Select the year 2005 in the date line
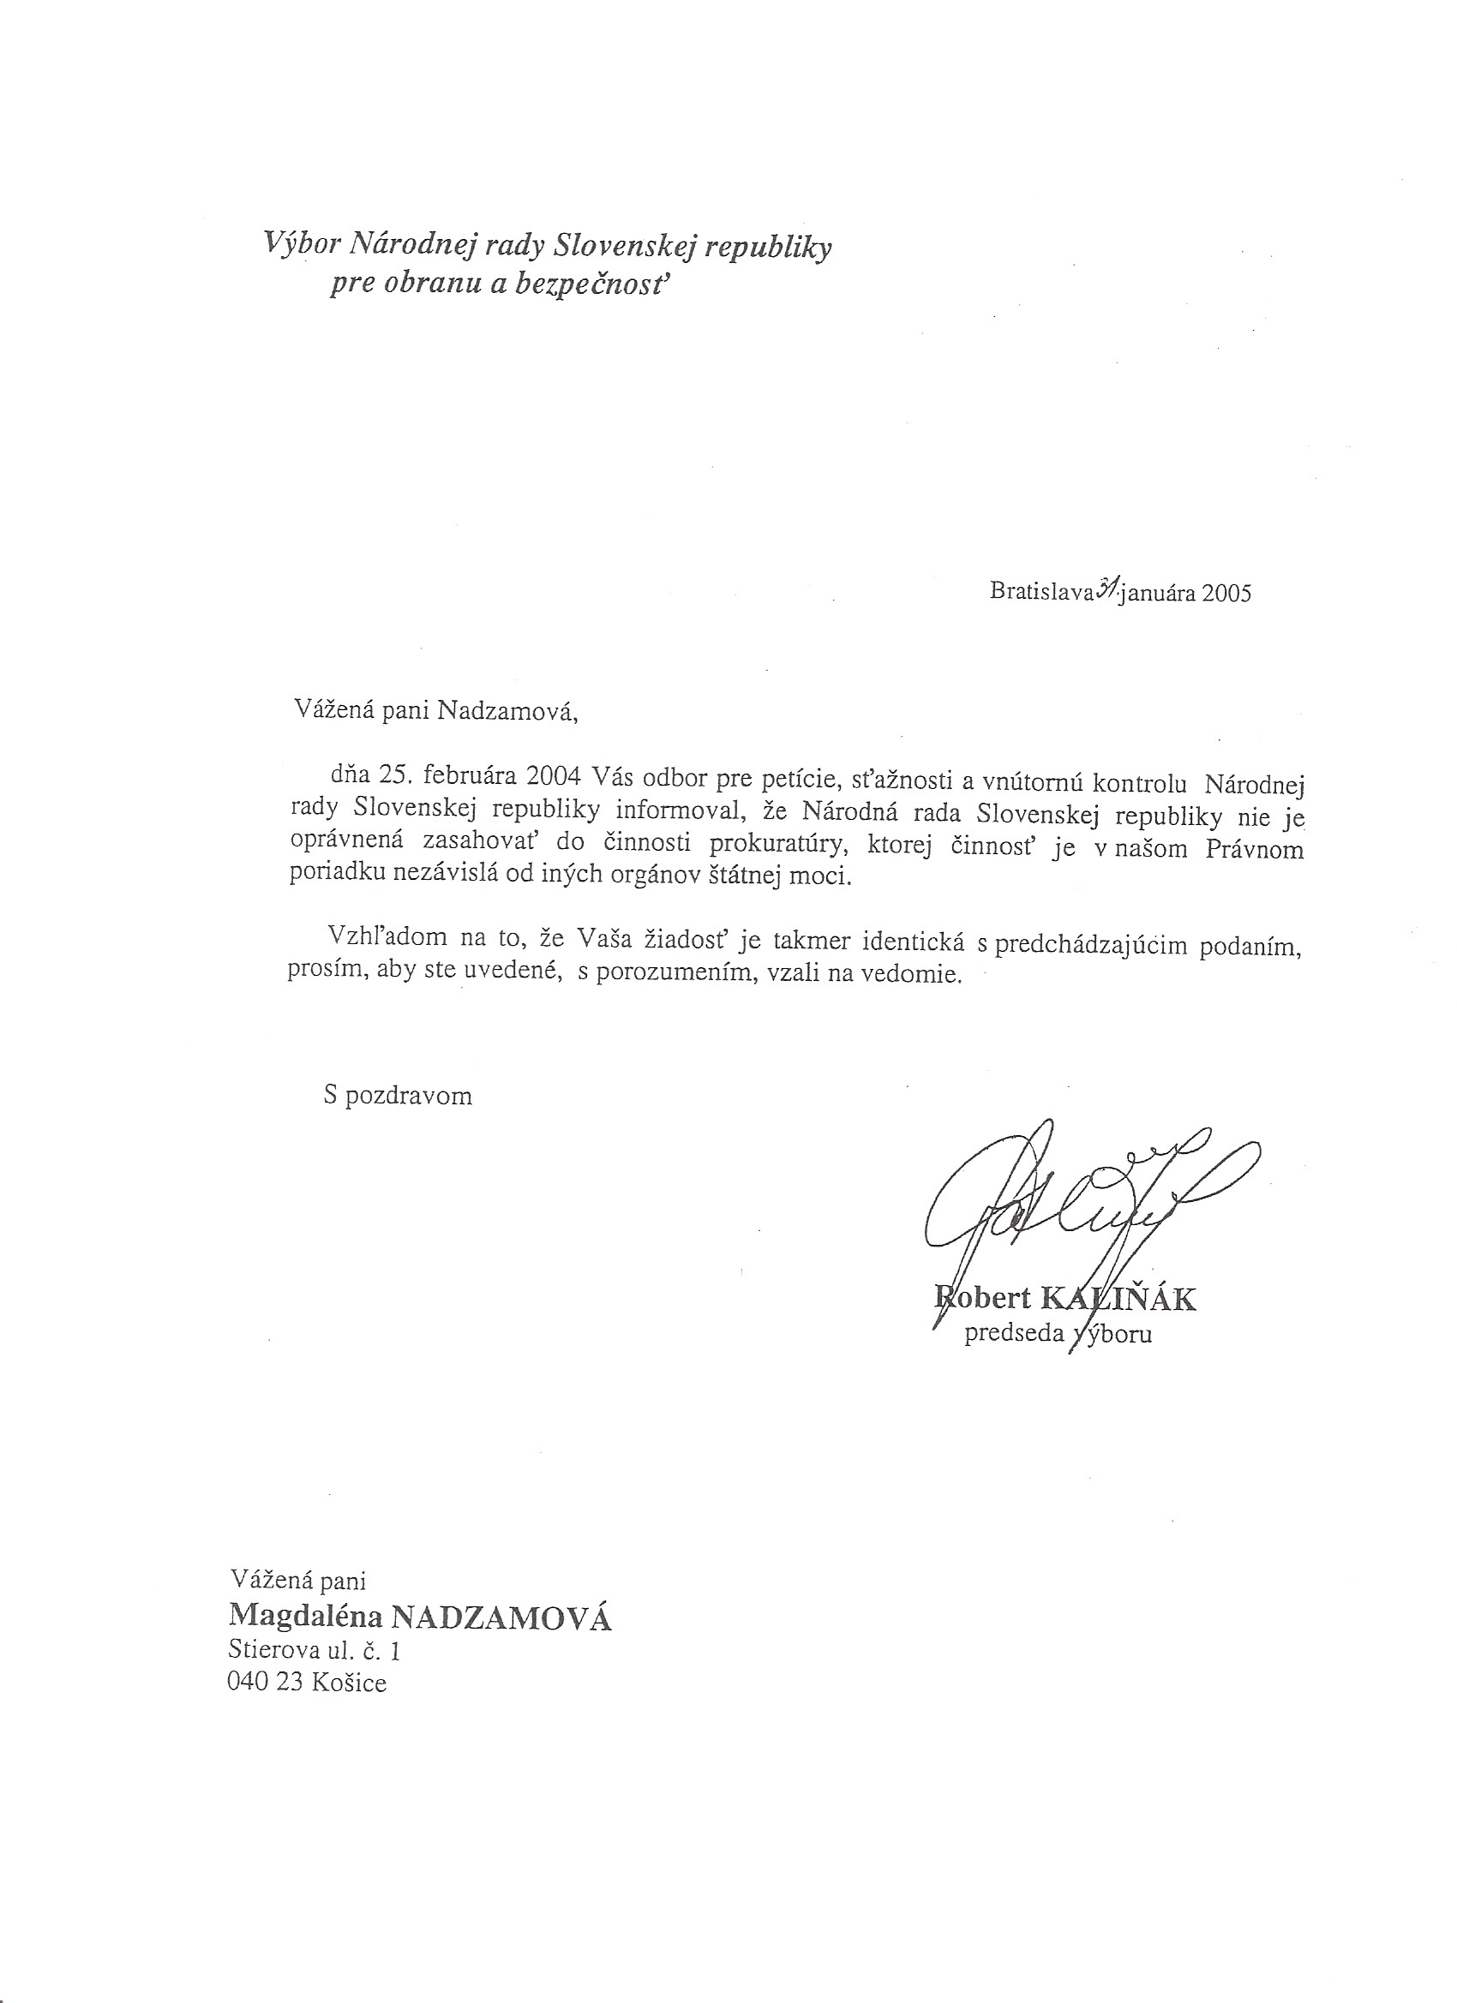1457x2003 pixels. [x=1226, y=593]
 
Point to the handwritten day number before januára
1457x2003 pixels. [x=1107, y=589]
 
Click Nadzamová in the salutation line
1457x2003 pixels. [x=507, y=711]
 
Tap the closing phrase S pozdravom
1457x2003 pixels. [x=398, y=1096]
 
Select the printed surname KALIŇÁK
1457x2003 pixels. [x=1119, y=1299]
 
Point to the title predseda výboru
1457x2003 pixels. [x=1058, y=1333]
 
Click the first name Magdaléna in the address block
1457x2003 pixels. [x=305, y=1615]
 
